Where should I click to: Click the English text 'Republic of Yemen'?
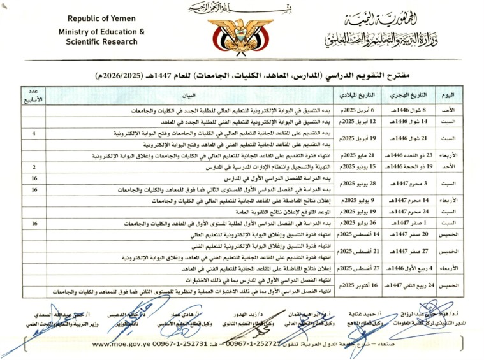[96, 20]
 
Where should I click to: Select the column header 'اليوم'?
[449, 96]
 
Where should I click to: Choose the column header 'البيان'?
[190, 96]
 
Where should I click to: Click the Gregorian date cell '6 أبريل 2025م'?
[359, 111]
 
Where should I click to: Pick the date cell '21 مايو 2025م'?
[359, 155]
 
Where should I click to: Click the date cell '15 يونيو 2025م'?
[359, 167]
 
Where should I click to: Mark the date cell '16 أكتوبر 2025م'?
[359, 285]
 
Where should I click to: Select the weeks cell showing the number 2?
[33, 167]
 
